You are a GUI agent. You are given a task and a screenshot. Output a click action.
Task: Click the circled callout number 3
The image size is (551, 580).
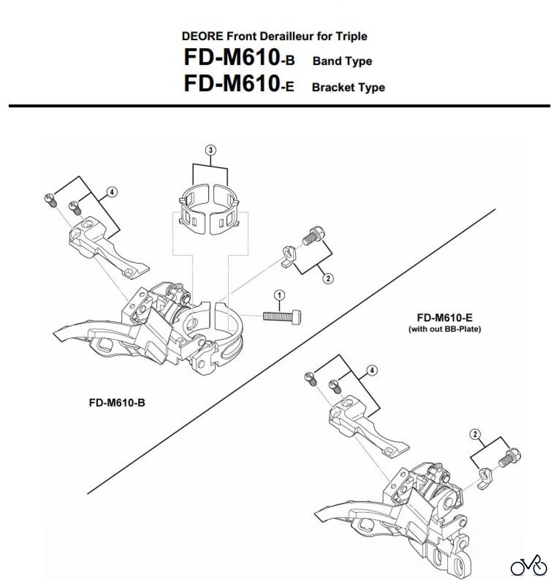pos(211,150)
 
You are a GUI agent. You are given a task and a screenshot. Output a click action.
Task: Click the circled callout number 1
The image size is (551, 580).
pos(279,295)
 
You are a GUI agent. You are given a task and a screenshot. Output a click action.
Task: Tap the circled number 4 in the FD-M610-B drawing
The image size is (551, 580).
pos(112,192)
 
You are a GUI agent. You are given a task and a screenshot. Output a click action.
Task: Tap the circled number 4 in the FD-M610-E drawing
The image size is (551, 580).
pos(372,371)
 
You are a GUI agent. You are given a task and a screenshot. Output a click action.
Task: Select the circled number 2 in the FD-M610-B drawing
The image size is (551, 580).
pos(328,278)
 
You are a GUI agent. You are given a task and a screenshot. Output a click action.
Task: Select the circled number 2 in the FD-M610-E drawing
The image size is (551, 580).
pos(475,435)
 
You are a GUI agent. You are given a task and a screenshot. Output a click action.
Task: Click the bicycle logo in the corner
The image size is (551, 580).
pos(528,565)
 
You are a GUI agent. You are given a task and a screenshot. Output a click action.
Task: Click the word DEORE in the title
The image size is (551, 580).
pos(202,36)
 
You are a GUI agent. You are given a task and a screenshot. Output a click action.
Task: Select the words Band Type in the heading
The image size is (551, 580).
pos(342,61)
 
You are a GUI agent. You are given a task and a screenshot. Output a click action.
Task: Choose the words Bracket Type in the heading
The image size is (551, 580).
pos(348,87)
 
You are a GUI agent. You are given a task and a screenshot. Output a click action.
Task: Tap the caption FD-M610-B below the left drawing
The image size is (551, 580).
pos(117,403)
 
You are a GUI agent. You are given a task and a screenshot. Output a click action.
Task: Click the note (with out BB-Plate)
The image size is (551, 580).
pos(445,329)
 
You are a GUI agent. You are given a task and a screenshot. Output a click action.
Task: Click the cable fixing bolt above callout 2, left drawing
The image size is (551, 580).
pos(313,236)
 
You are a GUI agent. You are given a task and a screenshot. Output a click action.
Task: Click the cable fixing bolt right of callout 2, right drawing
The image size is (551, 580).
pos(509,458)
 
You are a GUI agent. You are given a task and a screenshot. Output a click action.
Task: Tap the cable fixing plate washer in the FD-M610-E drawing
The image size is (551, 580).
pos(484,478)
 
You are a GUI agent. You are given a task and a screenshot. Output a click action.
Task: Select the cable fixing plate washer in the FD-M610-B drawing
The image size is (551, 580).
pos(288,256)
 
